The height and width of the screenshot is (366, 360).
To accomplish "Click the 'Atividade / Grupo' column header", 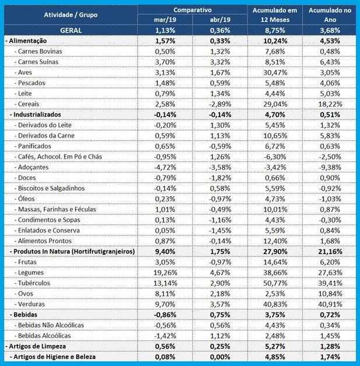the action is click(x=70, y=15).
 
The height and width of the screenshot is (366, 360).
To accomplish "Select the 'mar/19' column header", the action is click(x=165, y=20).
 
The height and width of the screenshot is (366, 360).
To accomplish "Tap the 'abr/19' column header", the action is click(x=220, y=20).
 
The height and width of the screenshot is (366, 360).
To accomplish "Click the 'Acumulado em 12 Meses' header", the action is click(x=275, y=15).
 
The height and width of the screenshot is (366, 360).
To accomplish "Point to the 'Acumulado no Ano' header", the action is click(x=330, y=15).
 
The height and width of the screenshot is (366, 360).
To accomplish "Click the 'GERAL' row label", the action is click(x=70, y=30).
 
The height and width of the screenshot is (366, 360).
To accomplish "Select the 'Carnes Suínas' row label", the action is click(x=38, y=62).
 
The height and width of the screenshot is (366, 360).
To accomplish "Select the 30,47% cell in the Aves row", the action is click(x=275, y=73).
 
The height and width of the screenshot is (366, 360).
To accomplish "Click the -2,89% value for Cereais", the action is click(x=220, y=104).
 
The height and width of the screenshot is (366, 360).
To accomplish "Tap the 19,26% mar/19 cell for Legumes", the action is click(x=165, y=273).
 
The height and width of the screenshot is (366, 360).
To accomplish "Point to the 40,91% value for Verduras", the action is click(x=330, y=304).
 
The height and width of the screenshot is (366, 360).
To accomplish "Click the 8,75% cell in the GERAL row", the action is click(x=275, y=30).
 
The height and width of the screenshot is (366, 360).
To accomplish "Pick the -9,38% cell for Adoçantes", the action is click(x=330, y=167).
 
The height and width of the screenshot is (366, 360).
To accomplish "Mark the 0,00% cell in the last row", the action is click(x=220, y=357).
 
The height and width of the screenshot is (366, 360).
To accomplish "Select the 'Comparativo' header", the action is click(x=192, y=10).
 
